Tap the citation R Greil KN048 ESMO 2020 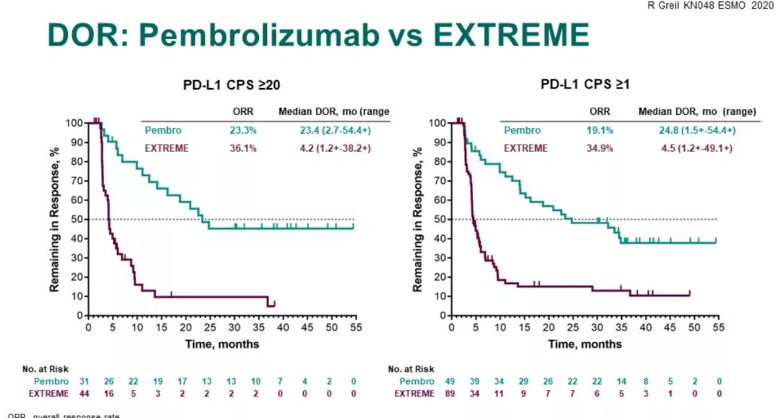click(722, 6)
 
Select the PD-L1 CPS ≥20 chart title click(231, 85)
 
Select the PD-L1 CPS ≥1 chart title click(586, 85)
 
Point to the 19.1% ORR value click(599, 131)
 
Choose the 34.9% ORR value click(599, 148)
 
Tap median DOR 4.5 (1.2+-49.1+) click(693, 148)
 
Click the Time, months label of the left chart click(222, 344)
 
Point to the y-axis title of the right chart click(417, 219)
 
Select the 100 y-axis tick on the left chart click(73, 122)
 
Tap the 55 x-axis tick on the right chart click(718, 327)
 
